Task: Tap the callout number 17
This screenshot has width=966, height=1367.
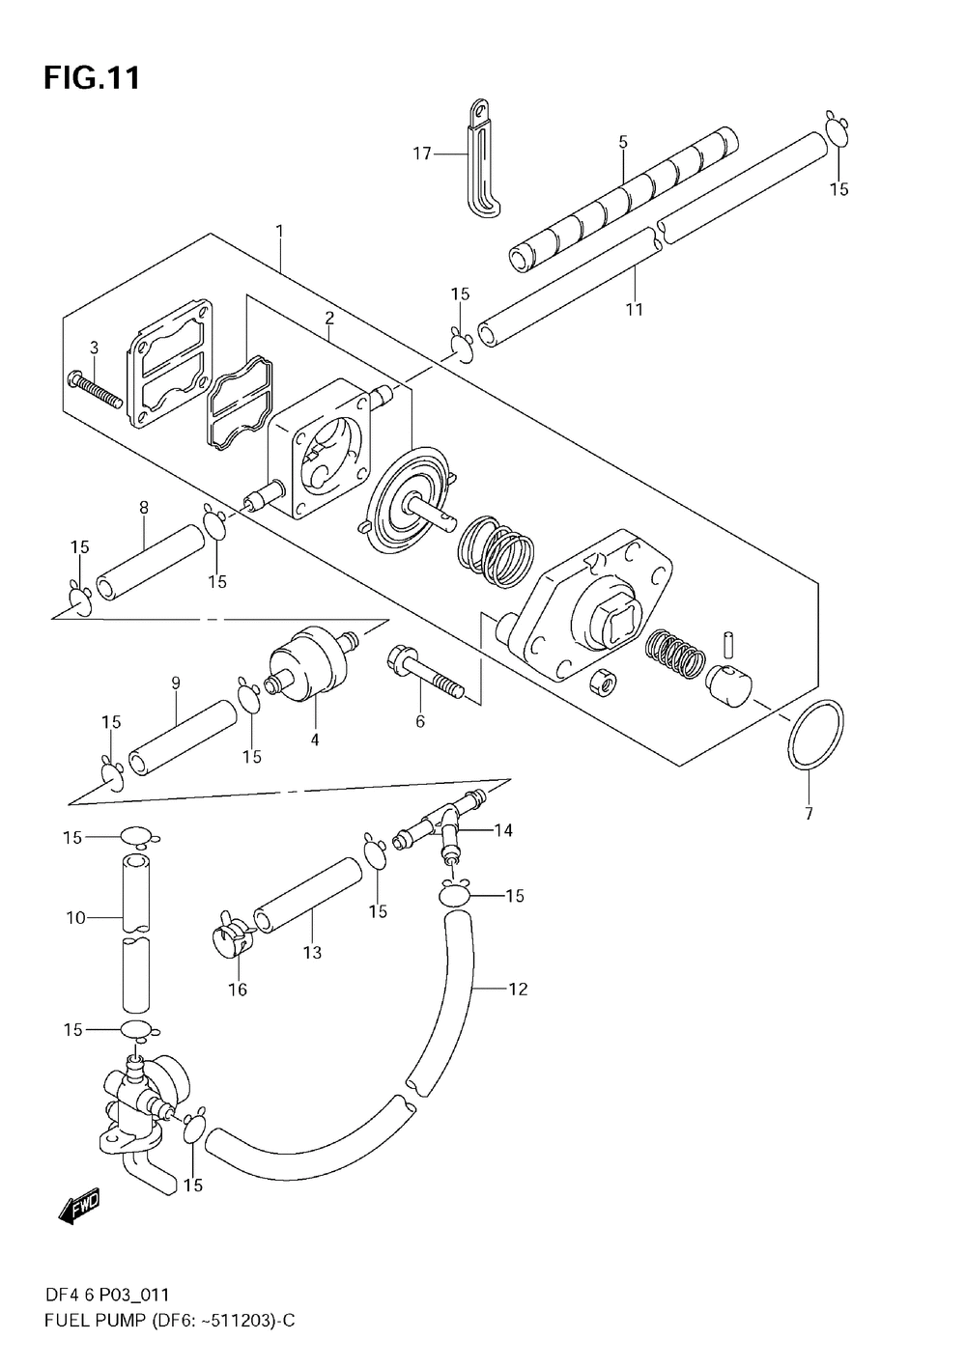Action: pos(422,153)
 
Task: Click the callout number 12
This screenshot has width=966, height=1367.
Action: pos(519,989)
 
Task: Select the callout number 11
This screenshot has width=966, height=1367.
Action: pos(634,309)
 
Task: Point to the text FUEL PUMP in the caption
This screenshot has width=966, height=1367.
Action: pos(91,1320)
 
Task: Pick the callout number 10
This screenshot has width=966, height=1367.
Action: pos(76,917)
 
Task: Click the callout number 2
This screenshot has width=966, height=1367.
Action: pos(329,317)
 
